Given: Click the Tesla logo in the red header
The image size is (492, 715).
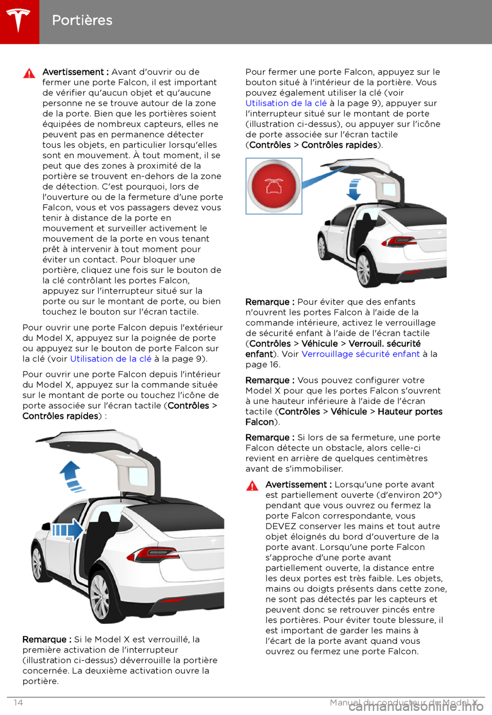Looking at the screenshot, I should [x=19, y=20].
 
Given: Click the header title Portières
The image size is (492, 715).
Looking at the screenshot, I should [x=82, y=20].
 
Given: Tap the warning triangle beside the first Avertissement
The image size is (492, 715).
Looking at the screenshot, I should [x=29, y=73].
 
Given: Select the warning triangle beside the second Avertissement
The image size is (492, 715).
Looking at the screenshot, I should [x=252, y=486].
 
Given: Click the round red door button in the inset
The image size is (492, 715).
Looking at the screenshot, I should [x=274, y=186].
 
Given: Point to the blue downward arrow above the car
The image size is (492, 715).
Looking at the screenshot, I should [x=354, y=189].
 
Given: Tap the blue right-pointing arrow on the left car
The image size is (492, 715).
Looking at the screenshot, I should [x=68, y=529].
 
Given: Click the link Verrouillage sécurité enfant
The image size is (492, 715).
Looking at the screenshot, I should [x=360, y=354].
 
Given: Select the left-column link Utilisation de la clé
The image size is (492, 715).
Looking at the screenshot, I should [x=111, y=359].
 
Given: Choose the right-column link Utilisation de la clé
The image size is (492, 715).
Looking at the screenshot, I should [x=286, y=103].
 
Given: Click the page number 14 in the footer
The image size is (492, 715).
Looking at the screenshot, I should [x=18, y=703].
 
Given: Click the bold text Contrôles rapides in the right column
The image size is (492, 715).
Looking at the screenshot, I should [x=339, y=145].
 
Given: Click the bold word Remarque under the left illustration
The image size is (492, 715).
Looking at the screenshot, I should [x=44, y=640].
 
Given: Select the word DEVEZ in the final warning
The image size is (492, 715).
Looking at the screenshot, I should [x=281, y=527].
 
